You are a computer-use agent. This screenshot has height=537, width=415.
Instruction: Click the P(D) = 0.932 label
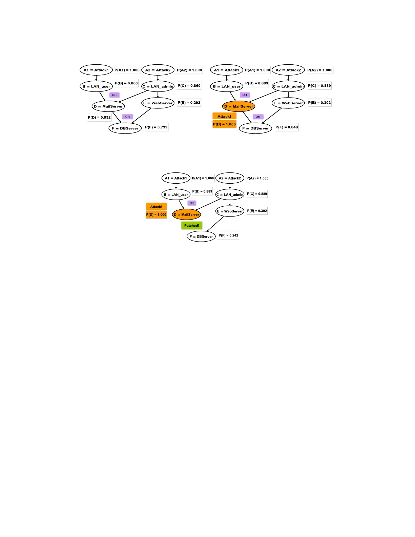(x=99, y=118)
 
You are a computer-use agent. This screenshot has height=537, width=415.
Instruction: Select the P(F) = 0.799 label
(x=156, y=127)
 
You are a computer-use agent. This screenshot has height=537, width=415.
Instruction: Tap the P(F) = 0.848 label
(x=287, y=127)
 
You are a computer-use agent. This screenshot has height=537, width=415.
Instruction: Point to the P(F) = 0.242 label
(x=228, y=235)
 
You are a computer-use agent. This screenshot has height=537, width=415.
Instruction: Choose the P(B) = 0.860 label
(x=126, y=83)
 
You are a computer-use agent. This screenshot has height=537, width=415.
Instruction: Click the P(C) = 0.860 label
(x=189, y=86)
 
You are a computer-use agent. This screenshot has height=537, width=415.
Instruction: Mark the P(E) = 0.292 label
(x=189, y=103)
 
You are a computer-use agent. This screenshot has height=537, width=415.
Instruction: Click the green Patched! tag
(x=192, y=226)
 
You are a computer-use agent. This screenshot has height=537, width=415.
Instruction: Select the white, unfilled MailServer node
(x=108, y=106)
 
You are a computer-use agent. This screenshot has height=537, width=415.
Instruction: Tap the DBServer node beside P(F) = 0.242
(x=201, y=236)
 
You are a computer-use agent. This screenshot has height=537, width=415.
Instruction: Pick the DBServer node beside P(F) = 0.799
(x=125, y=128)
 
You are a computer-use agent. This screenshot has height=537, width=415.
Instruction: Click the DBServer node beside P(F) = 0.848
(x=255, y=128)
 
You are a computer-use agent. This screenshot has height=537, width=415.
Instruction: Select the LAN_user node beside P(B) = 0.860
(x=97, y=86)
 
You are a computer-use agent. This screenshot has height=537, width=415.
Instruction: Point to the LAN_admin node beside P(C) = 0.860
(x=158, y=86)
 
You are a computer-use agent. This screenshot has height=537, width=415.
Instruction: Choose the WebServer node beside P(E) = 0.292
(x=158, y=103)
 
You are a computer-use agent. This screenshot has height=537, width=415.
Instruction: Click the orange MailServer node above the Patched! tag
(x=187, y=214)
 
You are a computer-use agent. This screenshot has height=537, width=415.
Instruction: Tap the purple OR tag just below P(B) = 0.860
(x=115, y=95)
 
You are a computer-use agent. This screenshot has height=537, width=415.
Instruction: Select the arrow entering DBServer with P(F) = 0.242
(x=215, y=224)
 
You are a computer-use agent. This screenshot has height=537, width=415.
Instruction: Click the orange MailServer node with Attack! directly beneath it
(x=238, y=106)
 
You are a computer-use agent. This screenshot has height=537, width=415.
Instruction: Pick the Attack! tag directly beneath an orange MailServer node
(x=224, y=117)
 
